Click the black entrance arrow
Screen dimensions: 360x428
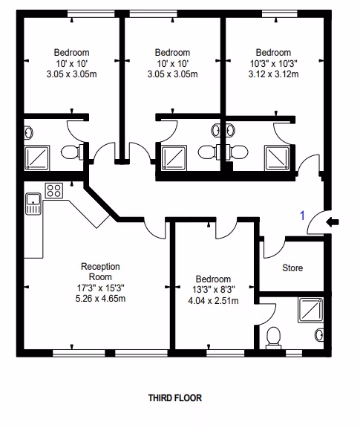pos(333,222)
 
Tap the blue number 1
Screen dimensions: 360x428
pos(302,215)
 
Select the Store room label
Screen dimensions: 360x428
pos(292,267)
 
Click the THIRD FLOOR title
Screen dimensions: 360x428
pos(175,398)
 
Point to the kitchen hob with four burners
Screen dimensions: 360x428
pos(54,190)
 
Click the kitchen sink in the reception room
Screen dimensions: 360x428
pos(33,204)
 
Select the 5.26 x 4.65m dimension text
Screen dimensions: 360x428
pos(100,299)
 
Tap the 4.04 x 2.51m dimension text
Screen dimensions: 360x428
pos(213,300)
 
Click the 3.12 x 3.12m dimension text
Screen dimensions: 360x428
pos(273,74)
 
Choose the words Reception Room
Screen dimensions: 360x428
pos(100,272)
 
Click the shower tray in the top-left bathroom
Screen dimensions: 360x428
pos(37,158)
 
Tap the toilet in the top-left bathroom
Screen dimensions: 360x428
pos(72,152)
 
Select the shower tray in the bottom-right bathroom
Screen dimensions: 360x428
pos(311,310)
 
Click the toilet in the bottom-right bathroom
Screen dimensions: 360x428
pos(273,338)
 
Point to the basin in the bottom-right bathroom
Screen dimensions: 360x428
pos(319,335)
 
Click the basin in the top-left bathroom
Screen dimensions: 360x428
pos(28,133)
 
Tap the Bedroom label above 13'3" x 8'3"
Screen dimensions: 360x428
pos(213,279)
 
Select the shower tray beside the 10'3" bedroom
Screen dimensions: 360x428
pos(278,158)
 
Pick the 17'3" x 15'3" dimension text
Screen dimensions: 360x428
pos(100,288)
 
